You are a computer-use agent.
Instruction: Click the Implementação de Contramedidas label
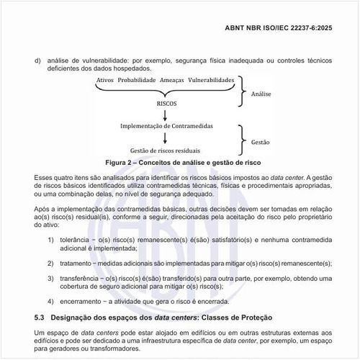(x=166, y=126)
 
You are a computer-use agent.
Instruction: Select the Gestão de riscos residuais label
(x=166, y=150)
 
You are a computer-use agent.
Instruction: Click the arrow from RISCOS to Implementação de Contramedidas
(x=166, y=114)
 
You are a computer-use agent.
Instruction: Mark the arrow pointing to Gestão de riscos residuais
(x=166, y=138)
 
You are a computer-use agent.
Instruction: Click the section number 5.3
(x=40, y=317)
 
